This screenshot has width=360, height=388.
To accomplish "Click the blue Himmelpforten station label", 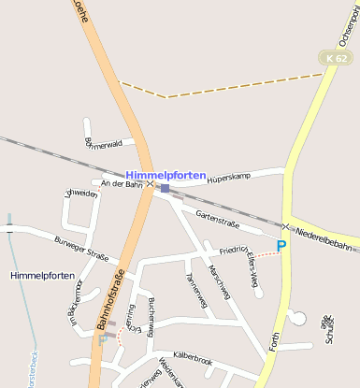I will (x=166, y=175).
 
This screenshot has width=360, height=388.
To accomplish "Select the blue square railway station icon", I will (x=165, y=188).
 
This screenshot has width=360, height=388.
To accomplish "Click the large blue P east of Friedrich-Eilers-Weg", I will (x=281, y=245).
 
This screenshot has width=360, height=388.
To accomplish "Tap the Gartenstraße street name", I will (x=217, y=221).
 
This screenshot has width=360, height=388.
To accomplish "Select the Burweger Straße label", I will (x=81, y=250).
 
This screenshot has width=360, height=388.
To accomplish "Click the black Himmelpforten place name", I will (x=40, y=277).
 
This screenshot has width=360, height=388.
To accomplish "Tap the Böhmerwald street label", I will (x=103, y=144).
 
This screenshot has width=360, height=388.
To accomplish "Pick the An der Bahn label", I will (x=121, y=185).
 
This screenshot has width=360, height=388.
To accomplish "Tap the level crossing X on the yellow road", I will (x=285, y=226).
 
